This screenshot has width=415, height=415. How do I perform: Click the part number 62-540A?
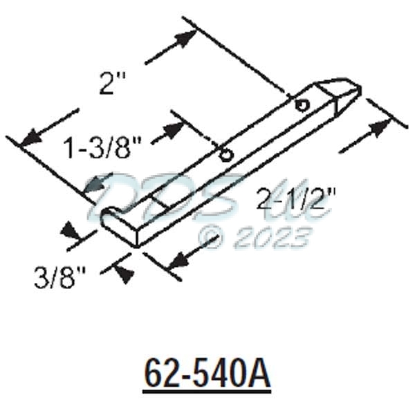tap(207, 374)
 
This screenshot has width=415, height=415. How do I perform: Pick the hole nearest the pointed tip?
tap(302, 104)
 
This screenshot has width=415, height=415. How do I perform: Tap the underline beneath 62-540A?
tap(207, 392)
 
